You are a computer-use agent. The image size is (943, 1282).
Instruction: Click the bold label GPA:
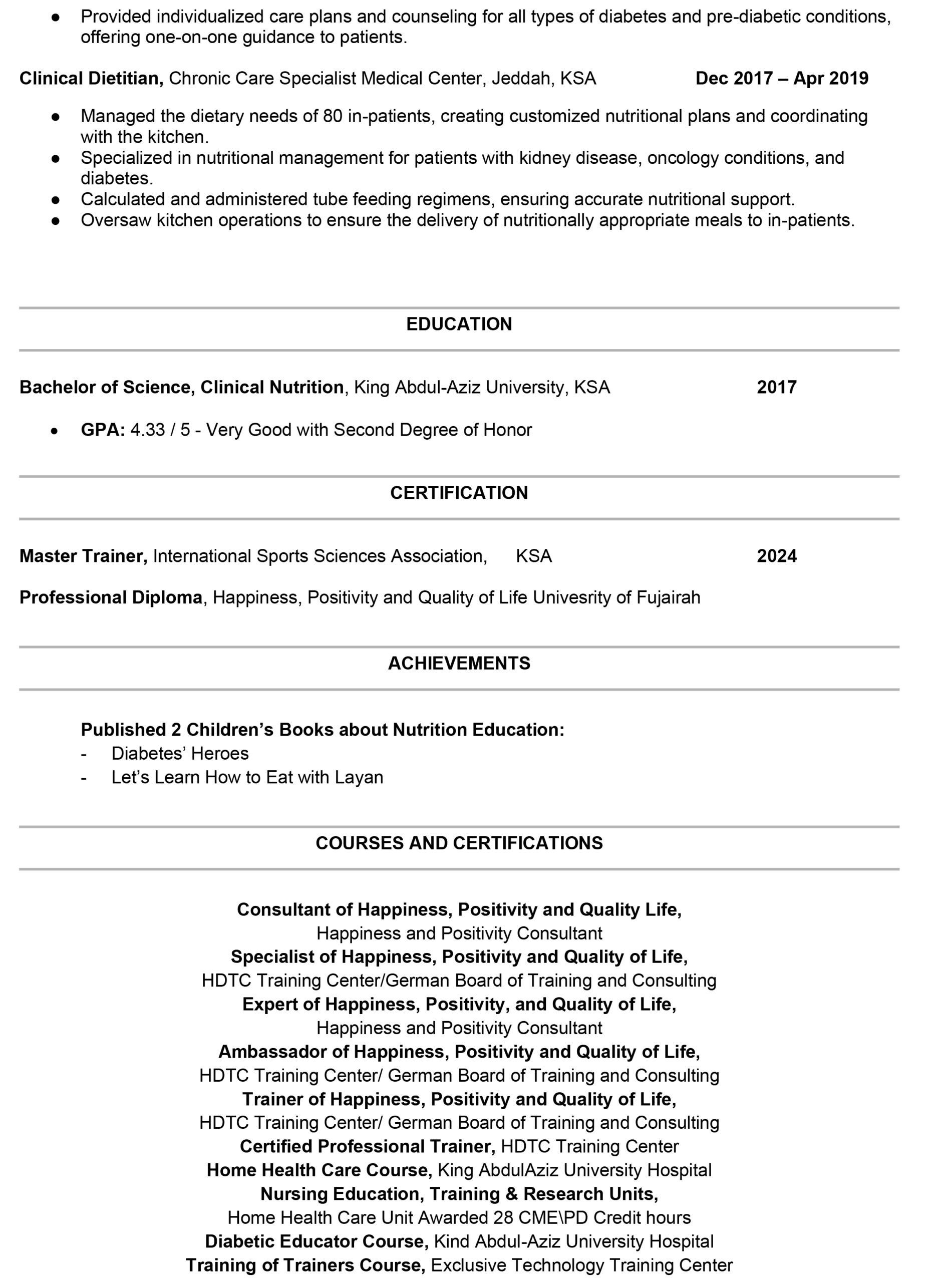click(103, 430)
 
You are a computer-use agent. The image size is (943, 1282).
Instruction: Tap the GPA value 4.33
click(148, 430)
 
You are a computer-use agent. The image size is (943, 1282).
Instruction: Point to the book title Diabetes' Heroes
click(180, 754)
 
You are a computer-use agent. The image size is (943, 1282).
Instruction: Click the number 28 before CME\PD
click(503, 1217)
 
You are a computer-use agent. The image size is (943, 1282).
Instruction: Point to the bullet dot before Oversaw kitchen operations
click(56, 221)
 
